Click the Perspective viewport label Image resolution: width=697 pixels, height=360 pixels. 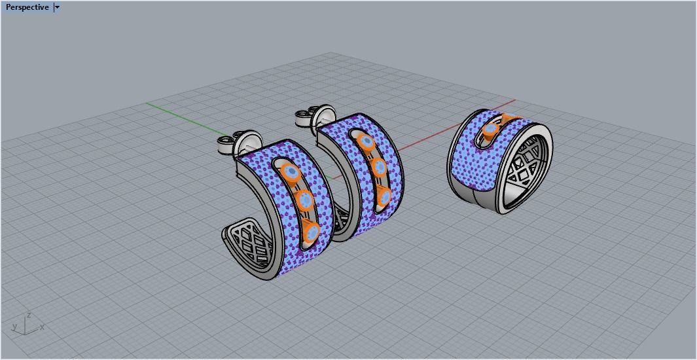point(27,7)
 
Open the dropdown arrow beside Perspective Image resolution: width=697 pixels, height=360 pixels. point(58,7)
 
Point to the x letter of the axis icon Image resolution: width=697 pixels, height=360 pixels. point(43,327)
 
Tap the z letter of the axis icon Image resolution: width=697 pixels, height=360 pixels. point(28,315)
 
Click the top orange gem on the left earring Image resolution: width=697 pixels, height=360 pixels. point(291,173)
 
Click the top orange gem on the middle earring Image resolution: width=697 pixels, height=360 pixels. point(366,141)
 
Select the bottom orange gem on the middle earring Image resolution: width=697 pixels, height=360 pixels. point(384,196)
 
